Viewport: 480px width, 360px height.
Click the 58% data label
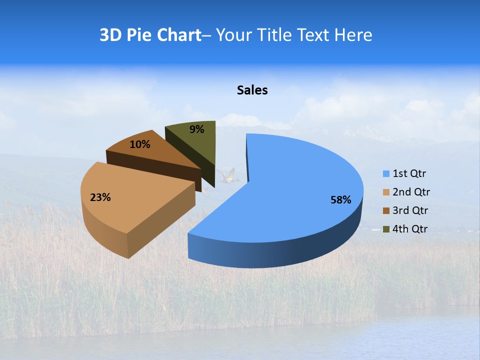coord(340,200)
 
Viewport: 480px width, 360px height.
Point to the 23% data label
coord(100,197)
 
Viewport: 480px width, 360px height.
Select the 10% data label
coord(139,144)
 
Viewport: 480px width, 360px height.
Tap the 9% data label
coord(197,129)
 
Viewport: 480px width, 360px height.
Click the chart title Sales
coord(252,90)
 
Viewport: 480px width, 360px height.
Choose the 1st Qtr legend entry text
coord(409,174)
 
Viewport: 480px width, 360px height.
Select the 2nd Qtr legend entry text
coord(411,192)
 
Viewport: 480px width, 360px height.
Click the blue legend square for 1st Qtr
coord(386,174)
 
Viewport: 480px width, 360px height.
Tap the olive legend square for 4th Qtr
coord(386,229)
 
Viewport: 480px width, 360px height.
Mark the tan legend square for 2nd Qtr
coord(386,192)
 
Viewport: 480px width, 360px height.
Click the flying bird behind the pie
coord(227,176)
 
